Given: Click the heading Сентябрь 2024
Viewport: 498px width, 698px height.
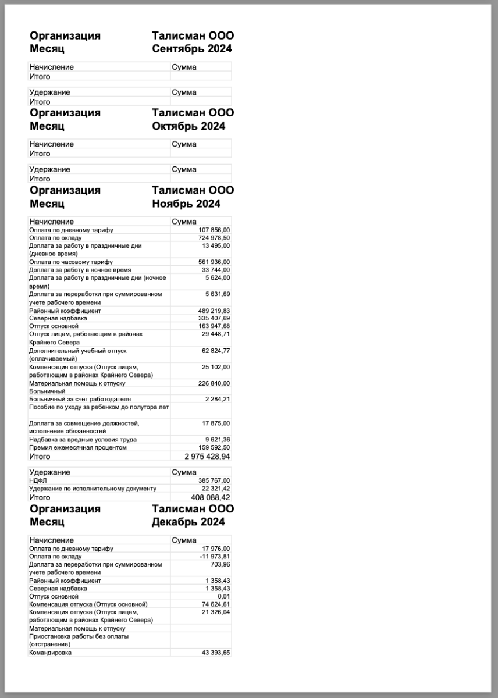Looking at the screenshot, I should (x=191, y=49).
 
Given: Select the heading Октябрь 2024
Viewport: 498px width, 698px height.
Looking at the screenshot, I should (x=188, y=126).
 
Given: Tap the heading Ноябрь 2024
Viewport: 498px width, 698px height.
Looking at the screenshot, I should (x=186, y=204).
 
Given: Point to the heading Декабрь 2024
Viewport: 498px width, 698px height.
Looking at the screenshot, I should (x=188, y=522).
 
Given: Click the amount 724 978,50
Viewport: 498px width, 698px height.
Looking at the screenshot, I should (x=214, y=238).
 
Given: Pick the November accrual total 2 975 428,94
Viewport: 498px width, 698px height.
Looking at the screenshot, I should (x=207, y=457).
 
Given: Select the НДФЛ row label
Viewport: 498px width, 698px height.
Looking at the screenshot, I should (x=37, y=480).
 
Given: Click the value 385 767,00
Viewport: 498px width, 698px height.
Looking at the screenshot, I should (x=214, y=480).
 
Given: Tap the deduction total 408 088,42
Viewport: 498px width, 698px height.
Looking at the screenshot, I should (x=210, y=497).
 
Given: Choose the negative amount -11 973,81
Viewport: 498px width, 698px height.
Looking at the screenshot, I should (x=214, y=557).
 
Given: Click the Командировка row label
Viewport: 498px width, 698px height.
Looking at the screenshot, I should (x=51, y=653).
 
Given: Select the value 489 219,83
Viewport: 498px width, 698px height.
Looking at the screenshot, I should (x=214, y=311).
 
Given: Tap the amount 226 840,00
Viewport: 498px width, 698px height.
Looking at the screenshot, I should (x=214, y=383).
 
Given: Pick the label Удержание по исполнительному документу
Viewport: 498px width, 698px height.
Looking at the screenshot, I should (x=93, y=489).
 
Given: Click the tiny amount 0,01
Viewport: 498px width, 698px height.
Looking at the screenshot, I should (x=223, y=596).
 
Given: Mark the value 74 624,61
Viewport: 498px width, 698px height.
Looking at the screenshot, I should (x=216, y=604).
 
